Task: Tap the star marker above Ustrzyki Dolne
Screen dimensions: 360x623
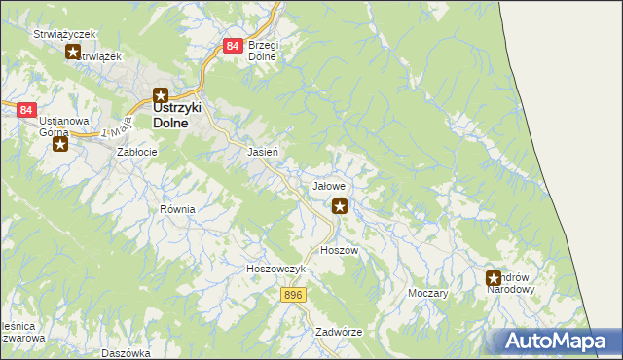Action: pos(161,95)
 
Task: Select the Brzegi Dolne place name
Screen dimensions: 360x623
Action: pos(263,51)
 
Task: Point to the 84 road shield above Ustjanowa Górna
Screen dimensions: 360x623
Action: pos(26,111)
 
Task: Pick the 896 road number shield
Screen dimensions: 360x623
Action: pos(295,293)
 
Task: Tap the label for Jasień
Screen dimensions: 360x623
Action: pos(264,153)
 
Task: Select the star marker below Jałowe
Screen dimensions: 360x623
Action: pos(340,205)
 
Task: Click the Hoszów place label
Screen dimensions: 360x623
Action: pos(340,250)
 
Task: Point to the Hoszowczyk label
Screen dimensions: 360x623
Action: pos(276,269)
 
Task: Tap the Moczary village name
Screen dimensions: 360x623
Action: pos(428,293)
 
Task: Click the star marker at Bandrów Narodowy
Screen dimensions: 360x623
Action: pos(494,279)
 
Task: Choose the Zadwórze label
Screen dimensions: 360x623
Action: pos(339,332)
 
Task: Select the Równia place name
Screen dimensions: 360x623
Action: pos(178,209)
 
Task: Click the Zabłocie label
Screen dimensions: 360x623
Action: pos(137,153)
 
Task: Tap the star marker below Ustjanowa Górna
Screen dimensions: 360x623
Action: pos(59,145)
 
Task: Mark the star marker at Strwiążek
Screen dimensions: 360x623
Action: pos(73,53)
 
